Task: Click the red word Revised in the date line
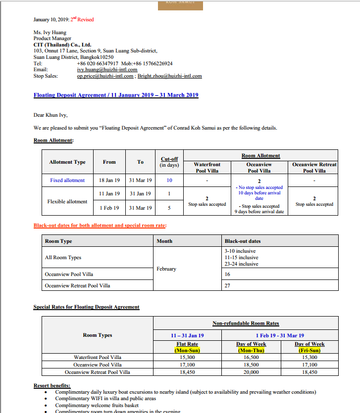[86, 20]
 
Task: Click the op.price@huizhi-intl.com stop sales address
[105, 76]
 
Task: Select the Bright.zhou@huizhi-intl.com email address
[170, 76]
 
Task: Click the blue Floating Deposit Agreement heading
[116, 95]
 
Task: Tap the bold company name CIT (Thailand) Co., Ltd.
[62, 45]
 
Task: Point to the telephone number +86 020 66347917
[98, 63]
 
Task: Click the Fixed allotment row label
[67, 180]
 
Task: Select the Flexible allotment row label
[67, 201]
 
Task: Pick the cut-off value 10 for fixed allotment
[169, 180]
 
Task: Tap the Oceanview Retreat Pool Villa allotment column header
[314, 167]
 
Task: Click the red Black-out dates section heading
[100, 226]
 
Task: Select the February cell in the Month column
[166, 269]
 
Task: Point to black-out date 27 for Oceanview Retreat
[228, 285]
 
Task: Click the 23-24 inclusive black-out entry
[241, 264]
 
